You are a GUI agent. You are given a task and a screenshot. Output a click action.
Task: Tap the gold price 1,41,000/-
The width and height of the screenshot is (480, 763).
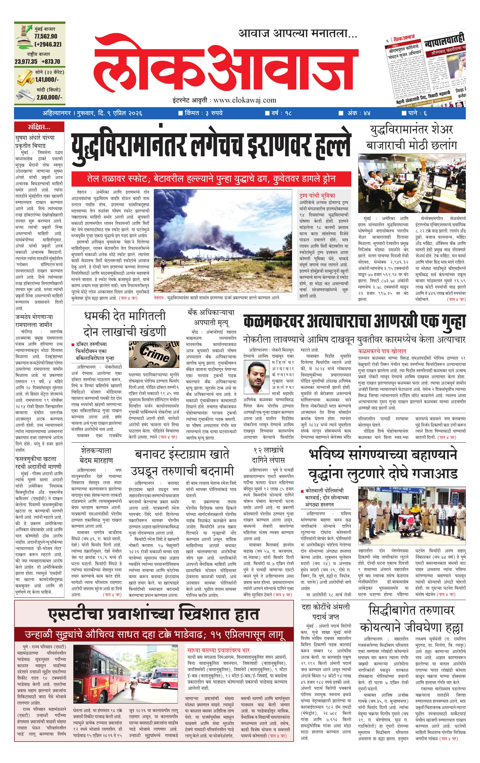(x=47, y=80)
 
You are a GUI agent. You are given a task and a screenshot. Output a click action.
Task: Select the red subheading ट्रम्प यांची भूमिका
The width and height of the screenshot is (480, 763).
(x=317, y=195)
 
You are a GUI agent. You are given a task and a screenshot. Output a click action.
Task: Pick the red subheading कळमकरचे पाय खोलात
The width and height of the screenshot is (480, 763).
(x=382, y=351)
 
